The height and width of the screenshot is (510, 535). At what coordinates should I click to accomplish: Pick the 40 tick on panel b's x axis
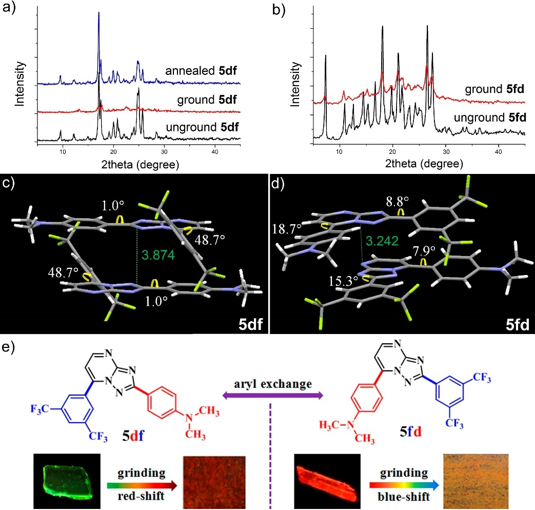[x=499, y=153]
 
